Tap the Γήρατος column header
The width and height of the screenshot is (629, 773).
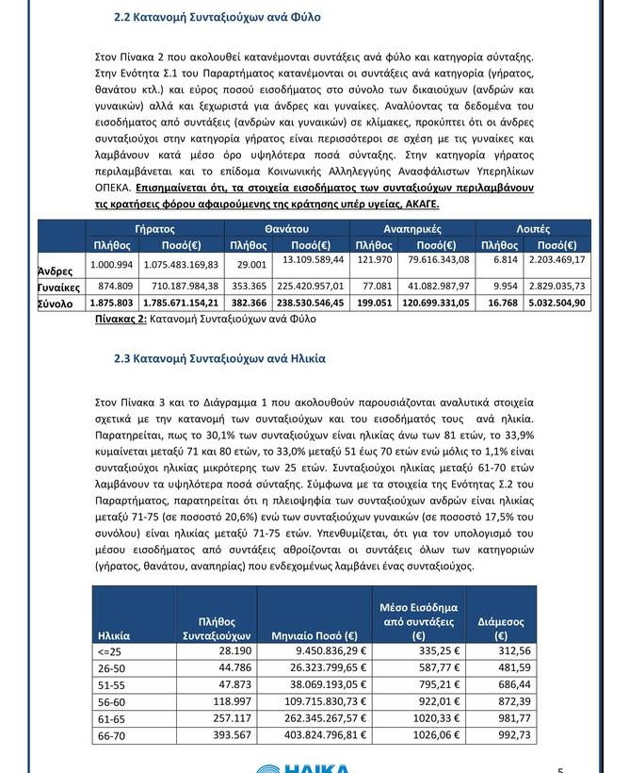point(154,229)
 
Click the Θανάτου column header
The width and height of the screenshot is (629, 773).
point(287,229)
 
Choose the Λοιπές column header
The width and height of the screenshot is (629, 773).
point(533,229)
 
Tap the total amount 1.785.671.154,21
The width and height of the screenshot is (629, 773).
point(182,303)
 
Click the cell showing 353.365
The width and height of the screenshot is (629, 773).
point(249,286)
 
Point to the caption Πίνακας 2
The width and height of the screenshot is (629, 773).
point(121,320)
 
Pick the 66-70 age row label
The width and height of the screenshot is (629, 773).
point(111,735)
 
